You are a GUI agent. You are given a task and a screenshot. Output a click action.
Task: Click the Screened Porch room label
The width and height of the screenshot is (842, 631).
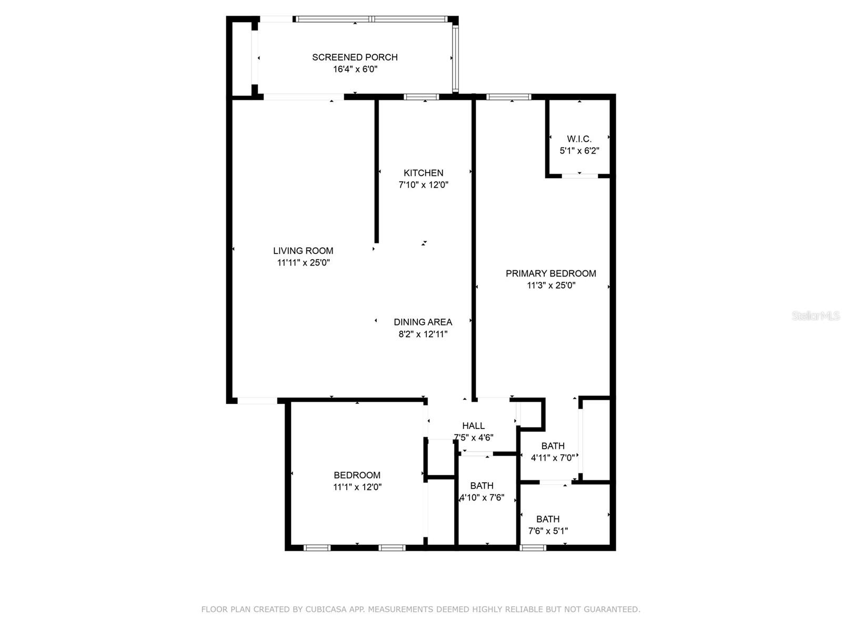point(355,57)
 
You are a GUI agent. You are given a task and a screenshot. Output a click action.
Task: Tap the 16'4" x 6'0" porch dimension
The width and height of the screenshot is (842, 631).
point(355,69)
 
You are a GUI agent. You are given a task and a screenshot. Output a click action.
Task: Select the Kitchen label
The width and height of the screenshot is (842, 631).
point(423,172)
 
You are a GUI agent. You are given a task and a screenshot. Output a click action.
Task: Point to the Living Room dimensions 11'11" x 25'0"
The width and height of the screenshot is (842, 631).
point(303,262)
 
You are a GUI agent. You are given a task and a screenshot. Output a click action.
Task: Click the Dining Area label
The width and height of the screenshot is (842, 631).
point(423,322)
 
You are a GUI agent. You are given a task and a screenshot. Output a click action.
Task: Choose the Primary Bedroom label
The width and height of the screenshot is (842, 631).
point(550,273)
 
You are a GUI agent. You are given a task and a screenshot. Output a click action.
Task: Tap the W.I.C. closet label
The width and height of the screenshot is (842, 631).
point(579,139)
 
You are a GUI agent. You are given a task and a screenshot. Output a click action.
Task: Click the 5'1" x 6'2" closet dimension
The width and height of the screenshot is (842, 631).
point(579,150)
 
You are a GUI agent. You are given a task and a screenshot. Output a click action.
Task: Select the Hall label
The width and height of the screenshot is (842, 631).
point(473,425)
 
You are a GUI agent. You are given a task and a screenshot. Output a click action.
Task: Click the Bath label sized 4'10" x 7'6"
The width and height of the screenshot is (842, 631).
point(482,485)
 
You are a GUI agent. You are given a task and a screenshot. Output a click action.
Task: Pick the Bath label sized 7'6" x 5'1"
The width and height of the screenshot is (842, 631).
point(547,518)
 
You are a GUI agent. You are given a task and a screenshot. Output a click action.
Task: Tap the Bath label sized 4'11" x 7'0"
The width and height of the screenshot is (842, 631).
point(553,445)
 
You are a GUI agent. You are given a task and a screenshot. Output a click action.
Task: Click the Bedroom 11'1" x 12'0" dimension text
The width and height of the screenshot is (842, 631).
point(357,487)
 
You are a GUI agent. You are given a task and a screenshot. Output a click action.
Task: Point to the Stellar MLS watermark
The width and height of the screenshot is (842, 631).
point(815,315)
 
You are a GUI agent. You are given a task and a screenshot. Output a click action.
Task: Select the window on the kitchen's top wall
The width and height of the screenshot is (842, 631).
point(421,97)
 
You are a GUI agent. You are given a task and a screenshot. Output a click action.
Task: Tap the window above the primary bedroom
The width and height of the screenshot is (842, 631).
point(508,97)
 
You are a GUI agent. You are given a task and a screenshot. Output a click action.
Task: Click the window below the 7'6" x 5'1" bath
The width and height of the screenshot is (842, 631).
point(533,548)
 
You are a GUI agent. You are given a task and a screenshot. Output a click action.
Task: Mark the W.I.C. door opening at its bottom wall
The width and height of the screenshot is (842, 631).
point(579,176)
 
